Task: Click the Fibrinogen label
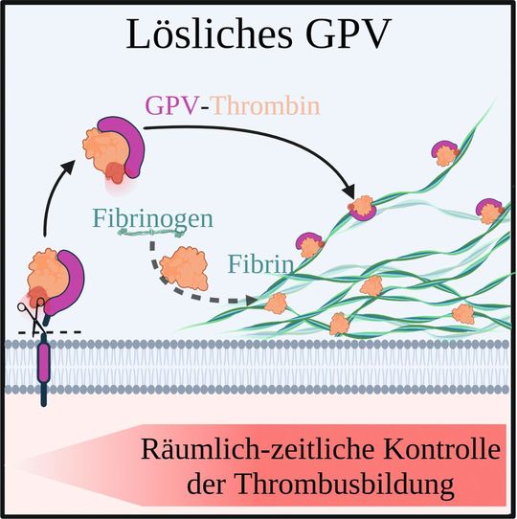152,216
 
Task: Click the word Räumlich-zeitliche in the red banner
226,449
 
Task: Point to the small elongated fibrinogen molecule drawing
148,233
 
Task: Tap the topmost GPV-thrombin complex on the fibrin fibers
445,150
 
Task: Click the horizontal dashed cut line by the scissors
67,332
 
